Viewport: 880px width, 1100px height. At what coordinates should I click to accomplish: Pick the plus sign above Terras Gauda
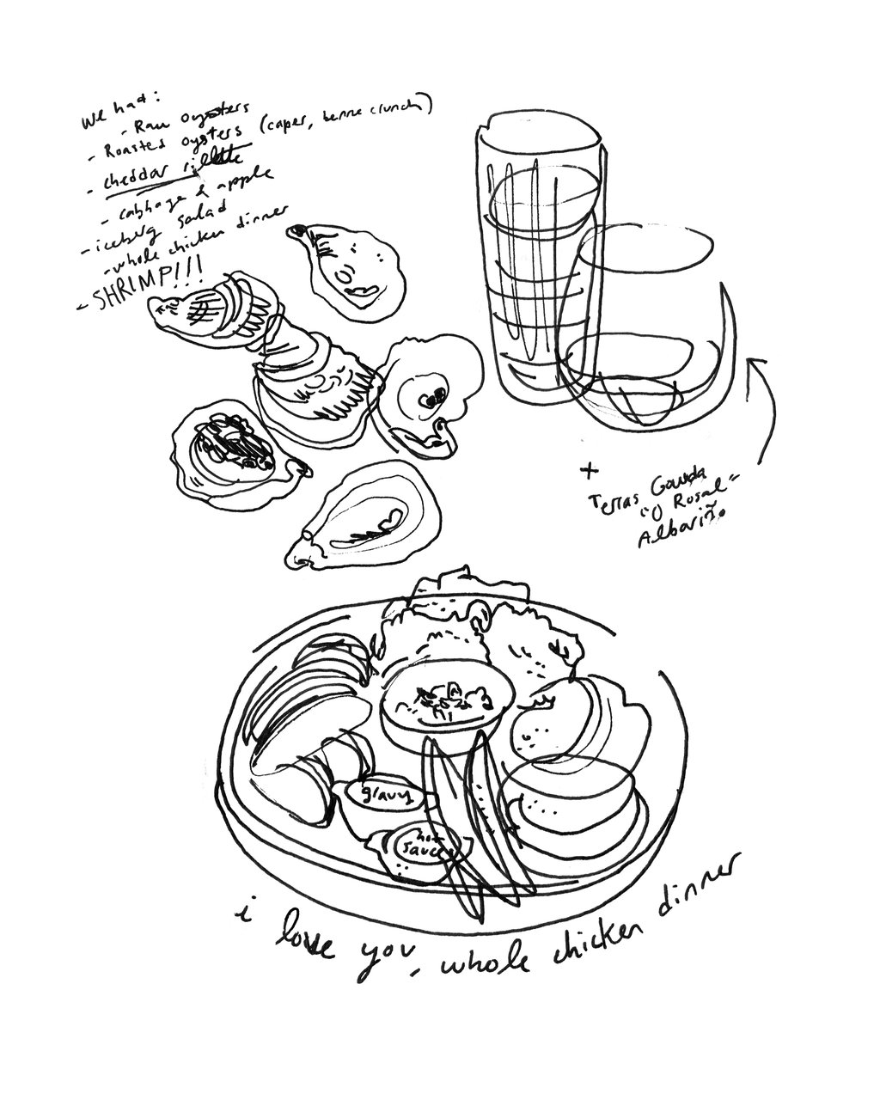pyautogui.click(x=589, y=469)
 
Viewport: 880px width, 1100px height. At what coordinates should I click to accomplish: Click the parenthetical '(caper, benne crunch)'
pyautogui.click(x=344, y=118)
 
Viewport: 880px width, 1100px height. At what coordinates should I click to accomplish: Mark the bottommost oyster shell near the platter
pyautogui.click(x=365, y=520)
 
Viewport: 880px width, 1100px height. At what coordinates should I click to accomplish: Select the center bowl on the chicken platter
pyautogui.click(x=447, y=705)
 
